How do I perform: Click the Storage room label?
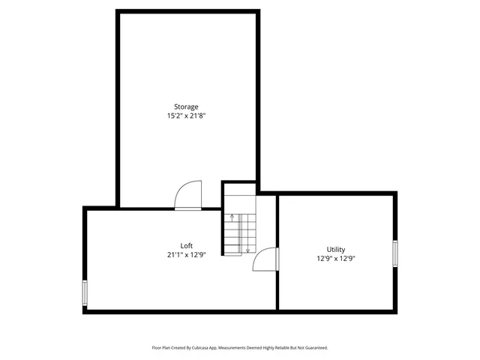(186, 106)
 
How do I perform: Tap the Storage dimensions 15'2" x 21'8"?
(186, 116)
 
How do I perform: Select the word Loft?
(186, 245)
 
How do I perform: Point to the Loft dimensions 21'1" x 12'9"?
(186, 254)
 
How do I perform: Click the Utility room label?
(335, 249)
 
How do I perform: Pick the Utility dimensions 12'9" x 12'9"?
(335, 259)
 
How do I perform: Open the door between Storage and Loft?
(188, 196)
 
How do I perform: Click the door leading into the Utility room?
(266, 259)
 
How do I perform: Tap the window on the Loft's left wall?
(85, 292)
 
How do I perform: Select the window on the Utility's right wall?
(394, 253)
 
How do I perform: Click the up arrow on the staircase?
(232, 217)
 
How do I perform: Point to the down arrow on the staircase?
(247, 249)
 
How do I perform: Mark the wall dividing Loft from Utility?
(277, 277)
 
